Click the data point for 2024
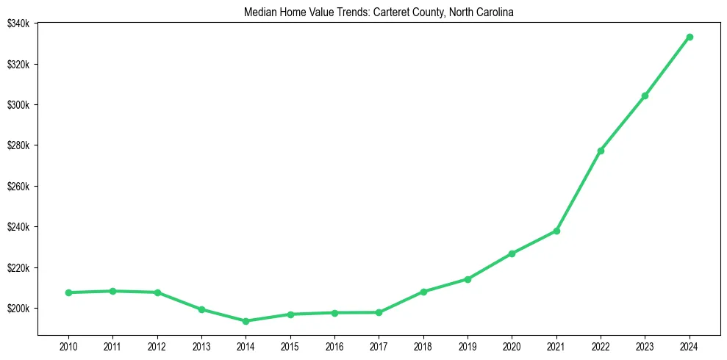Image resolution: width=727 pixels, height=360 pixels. pos(690,37)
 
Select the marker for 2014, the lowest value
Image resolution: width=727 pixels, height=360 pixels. pos(246,321)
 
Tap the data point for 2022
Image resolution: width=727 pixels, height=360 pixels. pos(601,151)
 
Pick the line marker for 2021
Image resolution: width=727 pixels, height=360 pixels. pos(556,231)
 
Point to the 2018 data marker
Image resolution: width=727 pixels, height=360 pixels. pos(423,292)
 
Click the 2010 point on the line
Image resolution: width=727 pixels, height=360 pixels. pos(68,292)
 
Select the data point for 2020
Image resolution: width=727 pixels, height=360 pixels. pos(512,253)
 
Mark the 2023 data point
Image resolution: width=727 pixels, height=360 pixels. pos(645,96)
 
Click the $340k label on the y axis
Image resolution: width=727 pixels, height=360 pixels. pos(18,24)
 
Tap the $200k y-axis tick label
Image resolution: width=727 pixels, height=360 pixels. pos(18,309)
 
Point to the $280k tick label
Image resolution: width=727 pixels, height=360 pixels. pos(18,145)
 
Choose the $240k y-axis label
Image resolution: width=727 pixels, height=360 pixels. pos(18,227)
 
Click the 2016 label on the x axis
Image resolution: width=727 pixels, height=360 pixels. pos(334,345)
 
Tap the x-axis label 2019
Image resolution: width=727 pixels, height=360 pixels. pos(468,345)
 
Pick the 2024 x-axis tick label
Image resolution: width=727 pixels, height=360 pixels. pos(690,345)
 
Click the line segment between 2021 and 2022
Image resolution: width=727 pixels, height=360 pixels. pos(579,191)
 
